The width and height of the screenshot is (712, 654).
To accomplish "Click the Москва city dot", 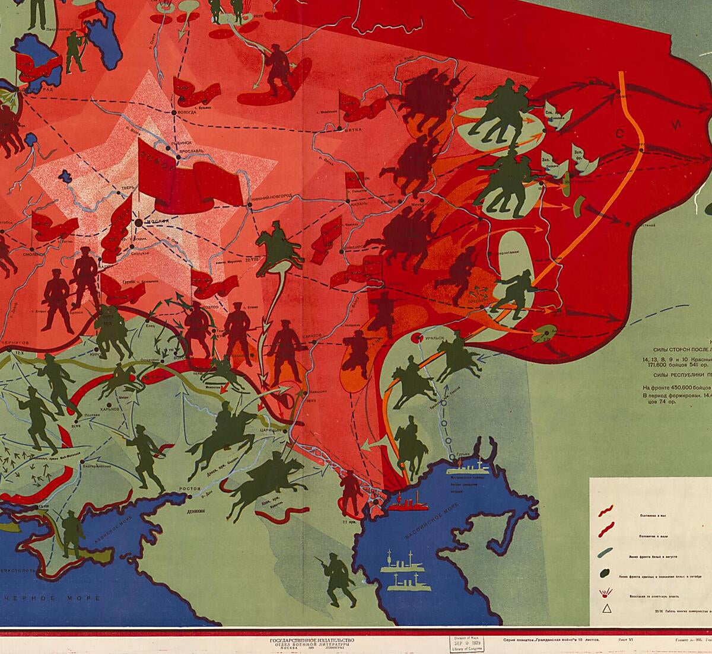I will coord(138,221).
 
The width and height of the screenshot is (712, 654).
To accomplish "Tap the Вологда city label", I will coord(189,111).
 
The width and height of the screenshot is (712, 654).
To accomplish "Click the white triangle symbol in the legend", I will coord(607,608).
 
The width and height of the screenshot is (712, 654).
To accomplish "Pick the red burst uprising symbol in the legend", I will coord(607,593).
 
